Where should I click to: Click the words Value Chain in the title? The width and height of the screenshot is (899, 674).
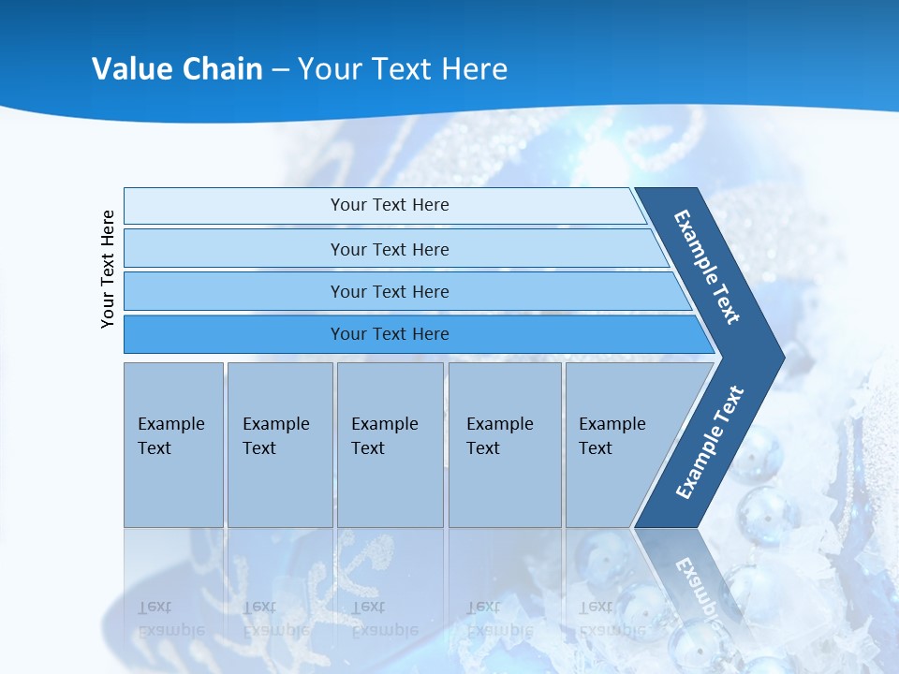[177, 69]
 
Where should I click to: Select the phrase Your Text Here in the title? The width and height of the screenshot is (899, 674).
[403, 69]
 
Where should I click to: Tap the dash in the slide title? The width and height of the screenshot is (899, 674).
[280, 70]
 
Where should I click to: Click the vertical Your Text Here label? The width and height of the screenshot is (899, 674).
[108, 269]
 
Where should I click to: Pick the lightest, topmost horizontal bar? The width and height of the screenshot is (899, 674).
[390, 205]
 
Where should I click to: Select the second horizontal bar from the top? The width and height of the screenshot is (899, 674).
[390, 249]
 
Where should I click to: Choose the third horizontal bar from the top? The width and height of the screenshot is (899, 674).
[390, 291]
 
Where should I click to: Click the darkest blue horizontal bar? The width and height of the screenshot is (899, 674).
[390, 334]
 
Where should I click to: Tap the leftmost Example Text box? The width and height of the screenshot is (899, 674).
[173, 445]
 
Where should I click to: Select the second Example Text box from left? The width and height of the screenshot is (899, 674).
[279, 445]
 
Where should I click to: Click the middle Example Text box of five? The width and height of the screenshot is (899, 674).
[390, 445]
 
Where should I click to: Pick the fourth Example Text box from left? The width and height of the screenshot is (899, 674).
[505, 445]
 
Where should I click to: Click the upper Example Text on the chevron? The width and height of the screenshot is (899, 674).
[707, 267]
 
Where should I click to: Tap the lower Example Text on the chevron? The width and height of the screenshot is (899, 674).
[709, 442]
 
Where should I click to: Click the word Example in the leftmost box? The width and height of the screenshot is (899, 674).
[170, 424]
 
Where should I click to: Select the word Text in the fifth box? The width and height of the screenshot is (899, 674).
[595, 448]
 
